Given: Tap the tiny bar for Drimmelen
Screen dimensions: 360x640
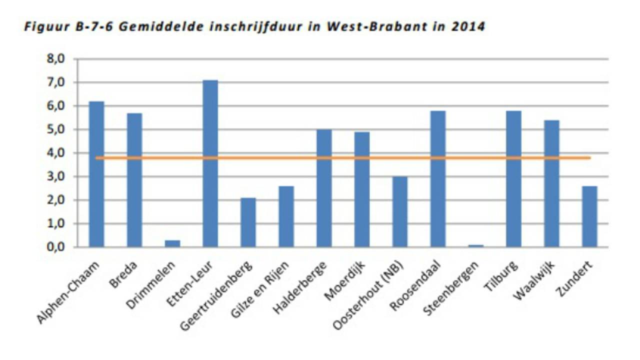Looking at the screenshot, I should [x=172, y=243].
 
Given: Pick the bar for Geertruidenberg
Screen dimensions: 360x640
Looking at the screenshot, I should [x=248, y=222].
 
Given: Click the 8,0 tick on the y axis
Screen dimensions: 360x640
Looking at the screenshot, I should [x=56, y=59].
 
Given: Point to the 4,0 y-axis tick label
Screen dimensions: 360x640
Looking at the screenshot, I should [x=56, y=153].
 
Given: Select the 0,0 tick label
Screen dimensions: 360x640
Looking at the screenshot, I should [x=56, y=247].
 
